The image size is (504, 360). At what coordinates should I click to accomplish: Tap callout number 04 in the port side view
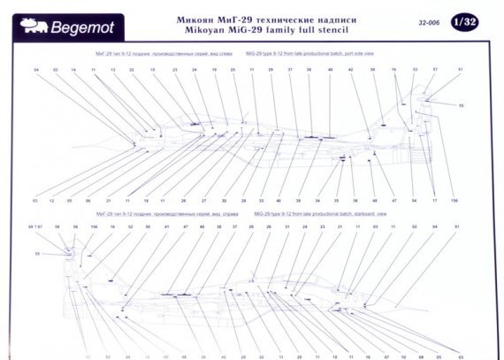[36, 69]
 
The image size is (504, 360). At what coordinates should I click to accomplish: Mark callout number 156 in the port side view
[454, 201]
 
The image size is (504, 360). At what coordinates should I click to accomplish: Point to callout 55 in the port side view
[461, 105]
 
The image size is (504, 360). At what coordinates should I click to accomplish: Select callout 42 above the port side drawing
[351, 69]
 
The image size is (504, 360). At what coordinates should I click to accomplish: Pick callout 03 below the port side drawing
[35, 201]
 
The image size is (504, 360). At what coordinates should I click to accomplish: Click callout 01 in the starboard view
[457, 227]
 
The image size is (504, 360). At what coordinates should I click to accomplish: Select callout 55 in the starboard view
[37, 254]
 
